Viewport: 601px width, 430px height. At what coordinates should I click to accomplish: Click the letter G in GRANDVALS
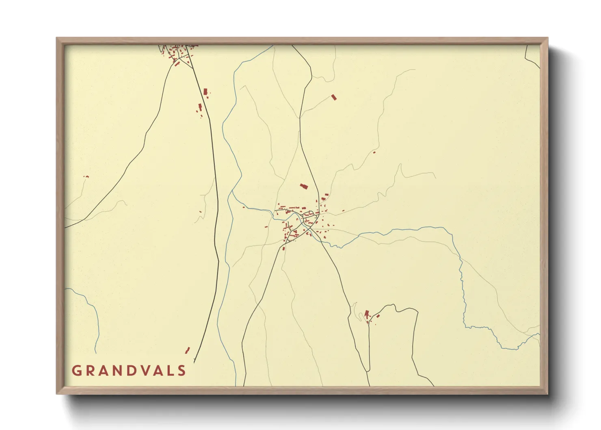pyautogui.click(x=76, y=370)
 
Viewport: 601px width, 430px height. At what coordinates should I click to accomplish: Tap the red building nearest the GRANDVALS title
pyautogui.click(x=187, y=350)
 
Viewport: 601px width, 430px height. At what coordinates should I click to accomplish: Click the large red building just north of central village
pyautogui.click(x=303, y=187)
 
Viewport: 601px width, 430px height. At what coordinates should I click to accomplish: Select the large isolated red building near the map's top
pyautogui.click(x=334, y=97)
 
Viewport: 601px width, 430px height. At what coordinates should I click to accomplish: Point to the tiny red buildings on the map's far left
pyautogui.click(x=86, y=176)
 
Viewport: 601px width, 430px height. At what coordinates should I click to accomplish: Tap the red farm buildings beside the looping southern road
pyautogui.click(x=368, y=315)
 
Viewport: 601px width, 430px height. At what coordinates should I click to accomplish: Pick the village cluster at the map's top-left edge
pyautogui.click(x=178, y=54)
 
